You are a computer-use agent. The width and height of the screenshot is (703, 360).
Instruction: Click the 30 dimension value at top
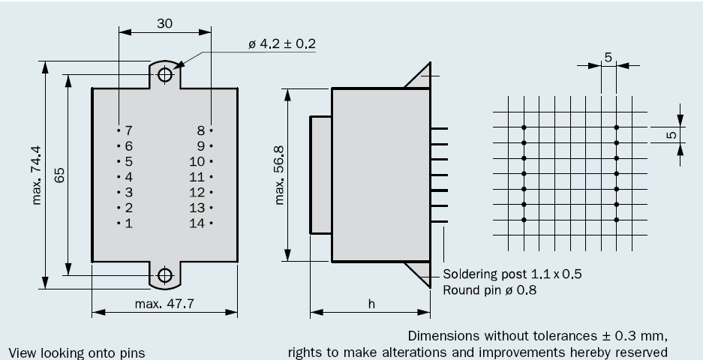click(x=165, y=23)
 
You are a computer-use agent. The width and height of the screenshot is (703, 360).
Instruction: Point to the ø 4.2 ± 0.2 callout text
click(x=281, y=43)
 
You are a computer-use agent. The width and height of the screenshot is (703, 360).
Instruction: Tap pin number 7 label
click(x=128, y=130)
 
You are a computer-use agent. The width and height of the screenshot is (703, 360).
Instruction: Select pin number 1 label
click(x=128, y=223)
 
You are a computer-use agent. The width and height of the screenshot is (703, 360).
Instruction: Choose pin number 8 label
click(x=201, y=130)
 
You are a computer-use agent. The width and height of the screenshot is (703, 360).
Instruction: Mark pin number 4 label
click(x=128, y=177)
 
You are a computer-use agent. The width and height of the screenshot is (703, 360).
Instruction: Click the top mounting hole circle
click(x=165, y=73)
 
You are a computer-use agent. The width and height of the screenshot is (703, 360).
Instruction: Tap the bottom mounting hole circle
click(x=165, y=275)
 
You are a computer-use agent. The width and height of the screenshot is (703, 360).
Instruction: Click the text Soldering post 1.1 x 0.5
click(x=512, y=274)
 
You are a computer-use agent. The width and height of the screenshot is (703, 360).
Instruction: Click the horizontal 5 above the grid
click(x=608, y=56)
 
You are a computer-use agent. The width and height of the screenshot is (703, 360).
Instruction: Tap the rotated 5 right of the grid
click(x=672, y=136)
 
